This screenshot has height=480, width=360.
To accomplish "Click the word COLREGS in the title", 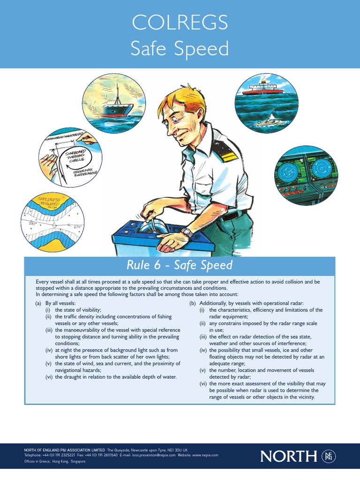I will point(180,22).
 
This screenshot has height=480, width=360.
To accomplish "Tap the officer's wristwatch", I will point(187,232).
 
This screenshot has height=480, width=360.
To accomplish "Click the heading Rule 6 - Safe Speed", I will point(180,265).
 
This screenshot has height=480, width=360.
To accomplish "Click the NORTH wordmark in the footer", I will point(289,456).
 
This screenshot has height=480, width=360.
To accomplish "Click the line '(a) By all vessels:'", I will point(55,304).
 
